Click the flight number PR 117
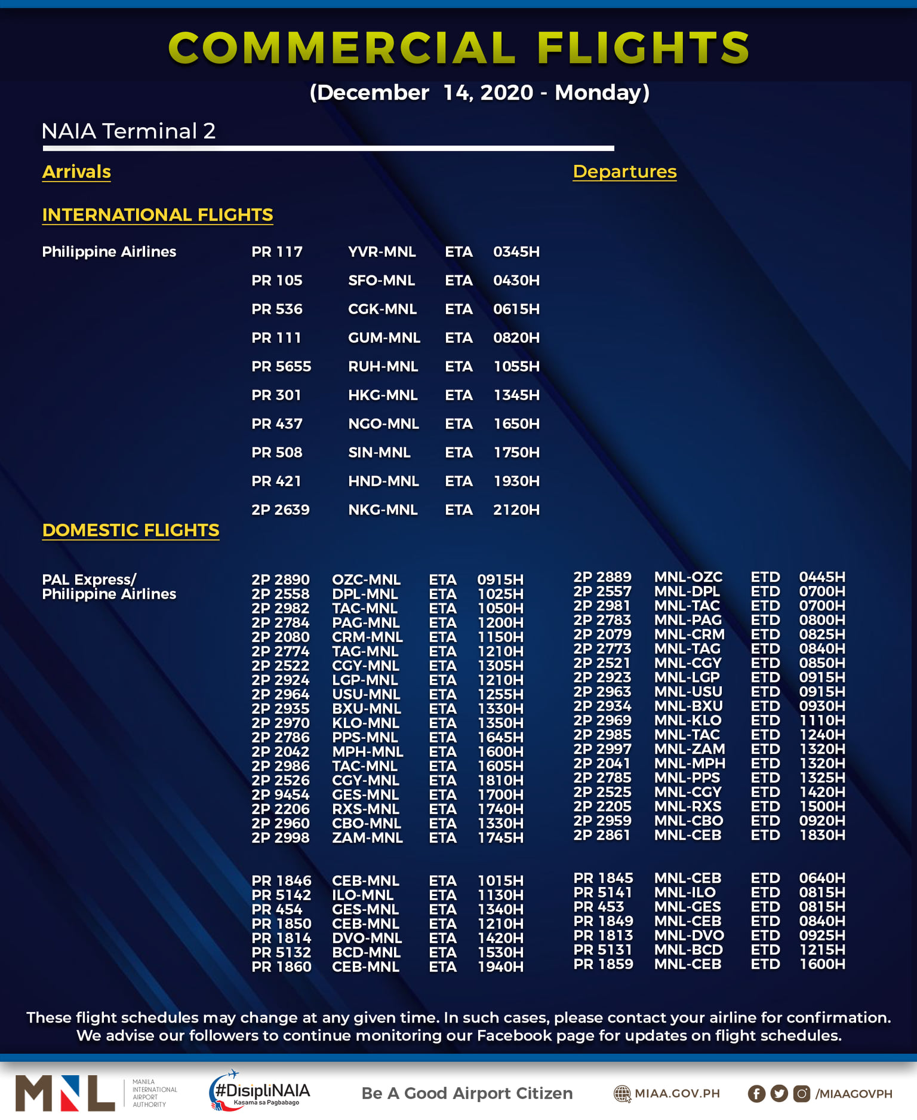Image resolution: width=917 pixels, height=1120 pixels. click(x=277, y=251)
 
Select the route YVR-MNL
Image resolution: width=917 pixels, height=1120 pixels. click(x=381, y=251)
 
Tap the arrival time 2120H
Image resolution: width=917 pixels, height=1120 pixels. click(x=516, y=510)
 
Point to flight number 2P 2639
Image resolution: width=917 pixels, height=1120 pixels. click(x=280, y=510)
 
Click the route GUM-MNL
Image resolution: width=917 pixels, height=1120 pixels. click(x=384, y=337)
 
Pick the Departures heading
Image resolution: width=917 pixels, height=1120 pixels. click(x=624, y=171)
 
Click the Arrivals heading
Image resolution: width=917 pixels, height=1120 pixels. click(x=76, y=171)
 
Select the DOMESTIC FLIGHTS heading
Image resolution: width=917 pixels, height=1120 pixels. click(x=131, y=530)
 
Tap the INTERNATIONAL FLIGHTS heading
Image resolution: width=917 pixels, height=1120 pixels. click(x=158, y=214)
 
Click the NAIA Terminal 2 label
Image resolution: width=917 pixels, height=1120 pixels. click(x=128, y=131)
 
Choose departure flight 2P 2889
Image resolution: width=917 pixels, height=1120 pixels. click(x=602, y=577)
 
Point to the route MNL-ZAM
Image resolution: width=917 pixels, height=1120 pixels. click(x=690, y=749)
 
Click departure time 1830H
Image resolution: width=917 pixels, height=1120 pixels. click(x=822, y=835)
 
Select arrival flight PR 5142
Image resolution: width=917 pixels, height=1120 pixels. click(x=281, y=895)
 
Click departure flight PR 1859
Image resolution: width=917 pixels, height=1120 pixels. click(x=603, y=964)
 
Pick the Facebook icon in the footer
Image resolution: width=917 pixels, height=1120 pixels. click(x=756, y=1093)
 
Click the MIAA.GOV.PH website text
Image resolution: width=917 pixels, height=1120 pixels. click(x=677, y=1093)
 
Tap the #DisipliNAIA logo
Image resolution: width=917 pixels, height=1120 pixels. click(x=260, y=1091)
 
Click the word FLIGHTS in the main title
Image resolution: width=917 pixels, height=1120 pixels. click(x=644, y=48)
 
